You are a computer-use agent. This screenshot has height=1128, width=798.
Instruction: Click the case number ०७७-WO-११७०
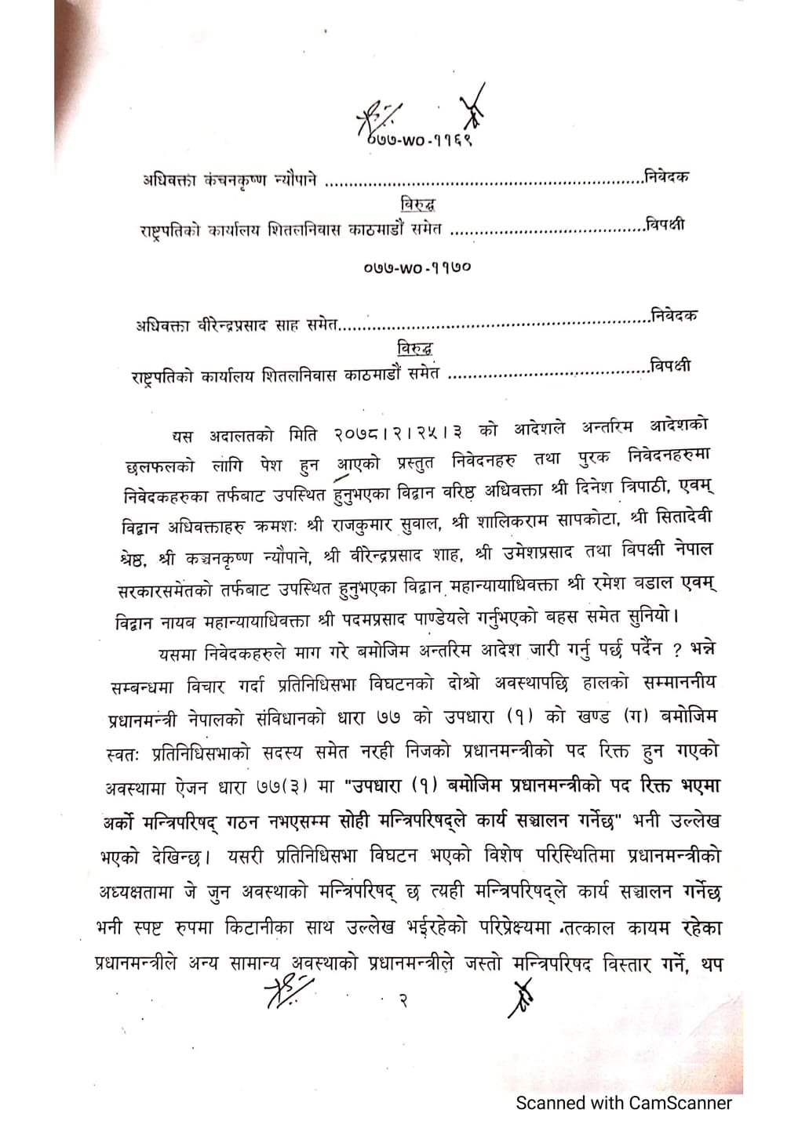click(x=417, y=268)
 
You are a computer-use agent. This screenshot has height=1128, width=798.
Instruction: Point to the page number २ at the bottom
click(x=403, y=1001)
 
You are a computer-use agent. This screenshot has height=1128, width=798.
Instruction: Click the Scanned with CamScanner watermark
click(x=623, y=1103)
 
